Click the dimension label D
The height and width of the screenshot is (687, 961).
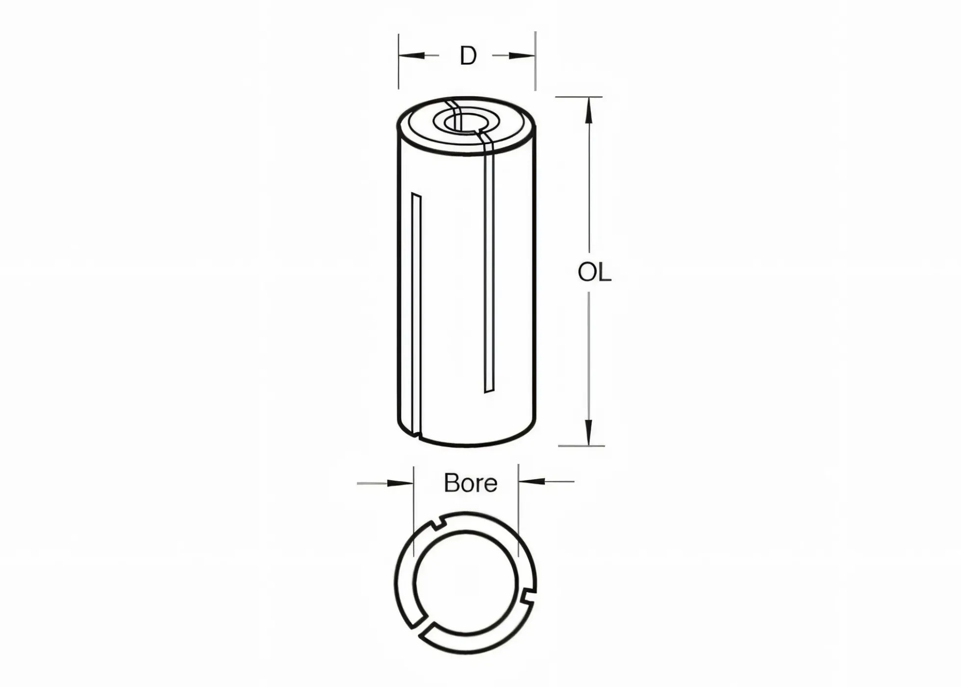coord(468,56)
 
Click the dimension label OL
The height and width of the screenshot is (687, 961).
coord(594,273)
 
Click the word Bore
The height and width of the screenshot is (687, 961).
coord(470,483)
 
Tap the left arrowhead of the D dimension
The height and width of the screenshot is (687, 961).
coord(411,55)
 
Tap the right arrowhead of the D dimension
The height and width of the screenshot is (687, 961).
coord(522,55)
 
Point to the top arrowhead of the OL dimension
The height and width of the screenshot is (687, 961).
coord(589,110)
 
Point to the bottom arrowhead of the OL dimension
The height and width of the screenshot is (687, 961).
coord(589,433)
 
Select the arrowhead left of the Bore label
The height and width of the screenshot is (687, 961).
coord(401,483)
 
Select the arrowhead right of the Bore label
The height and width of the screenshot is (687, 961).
coord(531,482)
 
